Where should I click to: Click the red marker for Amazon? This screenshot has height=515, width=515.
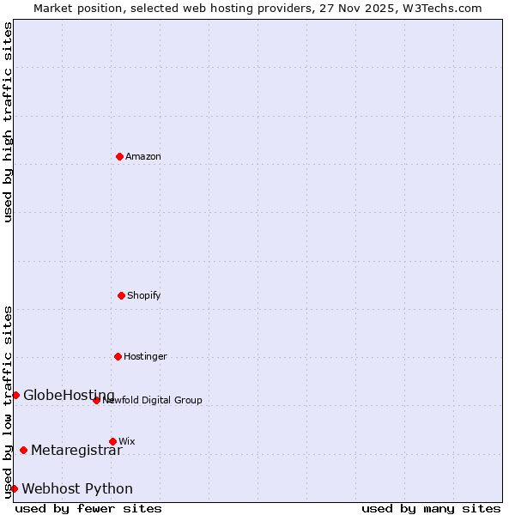tap(119, 156)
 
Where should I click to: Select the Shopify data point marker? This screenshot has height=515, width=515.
tap(121, 295)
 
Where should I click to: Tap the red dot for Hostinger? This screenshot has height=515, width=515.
tap(118, 356)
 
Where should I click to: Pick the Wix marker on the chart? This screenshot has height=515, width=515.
tap(112, 441)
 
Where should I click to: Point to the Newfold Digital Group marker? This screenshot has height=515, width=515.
tap(96, 400)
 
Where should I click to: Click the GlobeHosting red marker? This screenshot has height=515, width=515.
tap(15, 395)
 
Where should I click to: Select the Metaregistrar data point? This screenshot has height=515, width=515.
tap(23, 450)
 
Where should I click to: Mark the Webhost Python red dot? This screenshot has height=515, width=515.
tap(14, 488)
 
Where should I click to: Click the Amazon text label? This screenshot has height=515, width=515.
tap(143, 156)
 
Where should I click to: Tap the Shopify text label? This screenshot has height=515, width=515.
tap(144, 295)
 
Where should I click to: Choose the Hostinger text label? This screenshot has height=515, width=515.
tap(145, 356)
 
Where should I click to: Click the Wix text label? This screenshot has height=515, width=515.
tap(127, 441)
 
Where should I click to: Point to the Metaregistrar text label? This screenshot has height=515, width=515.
tap(76, 450)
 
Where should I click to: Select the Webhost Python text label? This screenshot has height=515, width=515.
tap(77, 488)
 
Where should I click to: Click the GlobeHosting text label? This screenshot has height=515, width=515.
tap(69, 395)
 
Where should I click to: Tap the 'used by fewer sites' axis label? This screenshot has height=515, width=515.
tap(88, 508)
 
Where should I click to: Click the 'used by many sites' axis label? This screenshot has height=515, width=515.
tap(431, 508)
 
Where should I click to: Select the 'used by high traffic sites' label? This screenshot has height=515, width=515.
tap(8, 122)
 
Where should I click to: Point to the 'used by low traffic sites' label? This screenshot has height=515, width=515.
tap(8, 402)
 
